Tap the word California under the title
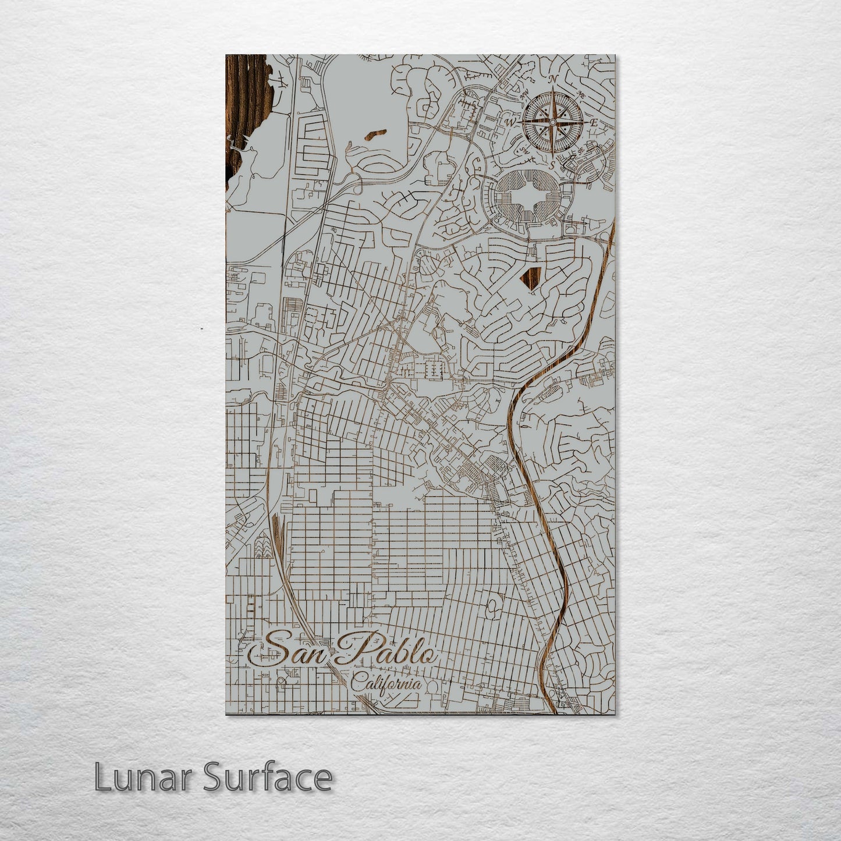click(386, 682)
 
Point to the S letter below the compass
click(552, 165)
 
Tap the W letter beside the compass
click(511, 122)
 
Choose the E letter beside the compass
click(594, 122)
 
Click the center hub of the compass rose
click(551, 122)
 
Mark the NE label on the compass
click(580, 94)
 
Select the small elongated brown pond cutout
click(375, 135)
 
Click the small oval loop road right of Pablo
click(492, 608)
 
